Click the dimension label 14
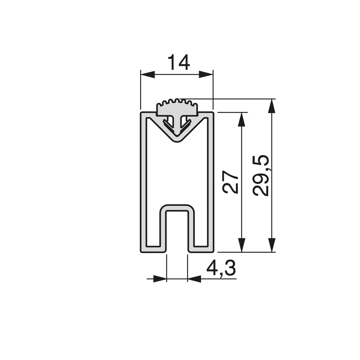(x=179, y=63)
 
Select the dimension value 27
(x=231, y=182)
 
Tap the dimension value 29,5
(x=261, y=175)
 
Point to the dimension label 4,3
(x=221, y=269)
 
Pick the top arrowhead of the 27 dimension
(x=242, y=120)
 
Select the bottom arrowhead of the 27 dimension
(x=242, y=245)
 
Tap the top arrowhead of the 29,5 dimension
(x=271, y=106)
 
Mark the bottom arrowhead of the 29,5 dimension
(x=271, y=245)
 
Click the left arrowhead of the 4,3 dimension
(x=160, y=279)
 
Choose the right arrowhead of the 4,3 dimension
(x=194, y=279)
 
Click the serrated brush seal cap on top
(x=176, y=108)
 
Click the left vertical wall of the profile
(x=143, y=183)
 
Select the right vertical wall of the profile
(x=211, y=183)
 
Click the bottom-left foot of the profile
(x=153, y=249)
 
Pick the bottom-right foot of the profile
(x=201, y=249)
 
